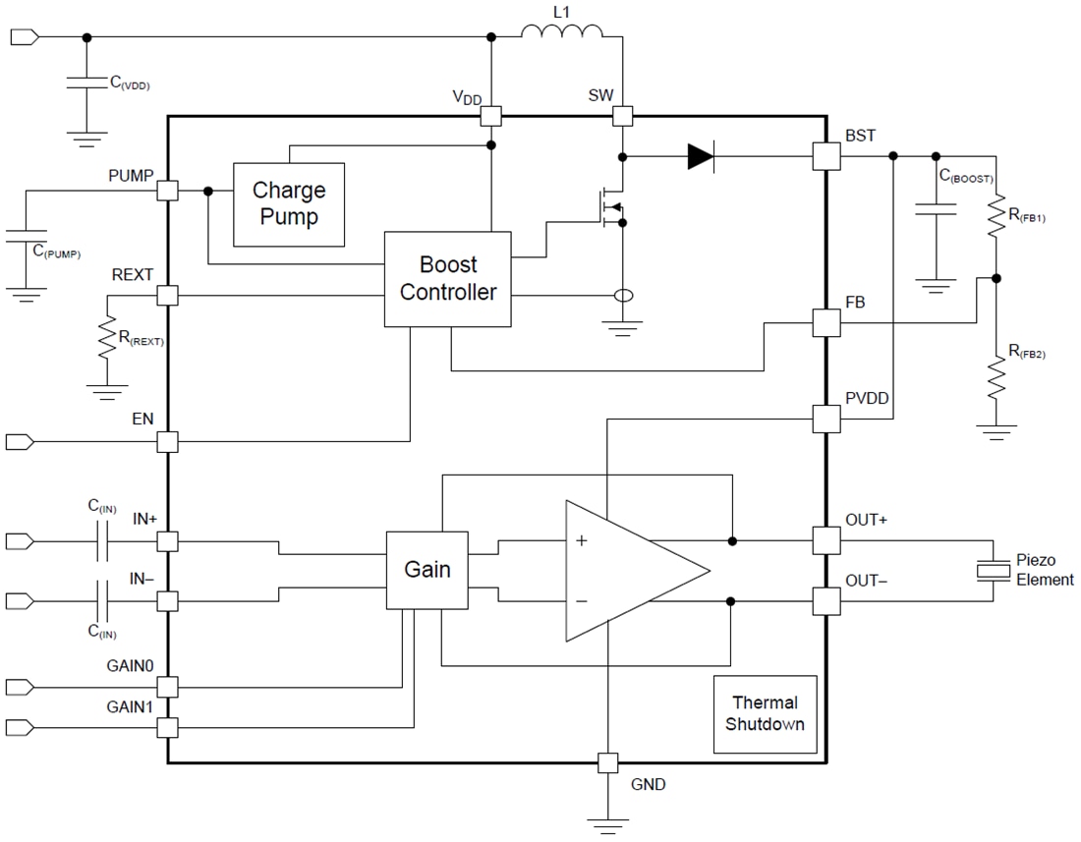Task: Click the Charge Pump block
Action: point(288,203)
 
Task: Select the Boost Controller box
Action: point(447,279)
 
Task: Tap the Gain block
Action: point(427,570)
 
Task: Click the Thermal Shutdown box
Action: point(765,714)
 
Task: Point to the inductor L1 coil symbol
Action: point(561,34)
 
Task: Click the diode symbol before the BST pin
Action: point(701,155)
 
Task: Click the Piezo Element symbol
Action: point(995,570)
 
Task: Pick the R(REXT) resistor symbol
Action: point(102,340)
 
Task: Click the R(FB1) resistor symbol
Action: point(996,218)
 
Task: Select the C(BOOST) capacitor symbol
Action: point(935,210)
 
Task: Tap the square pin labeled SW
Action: point(622,116)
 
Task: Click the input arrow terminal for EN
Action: point(20,442)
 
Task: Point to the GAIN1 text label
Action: point(131,706)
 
